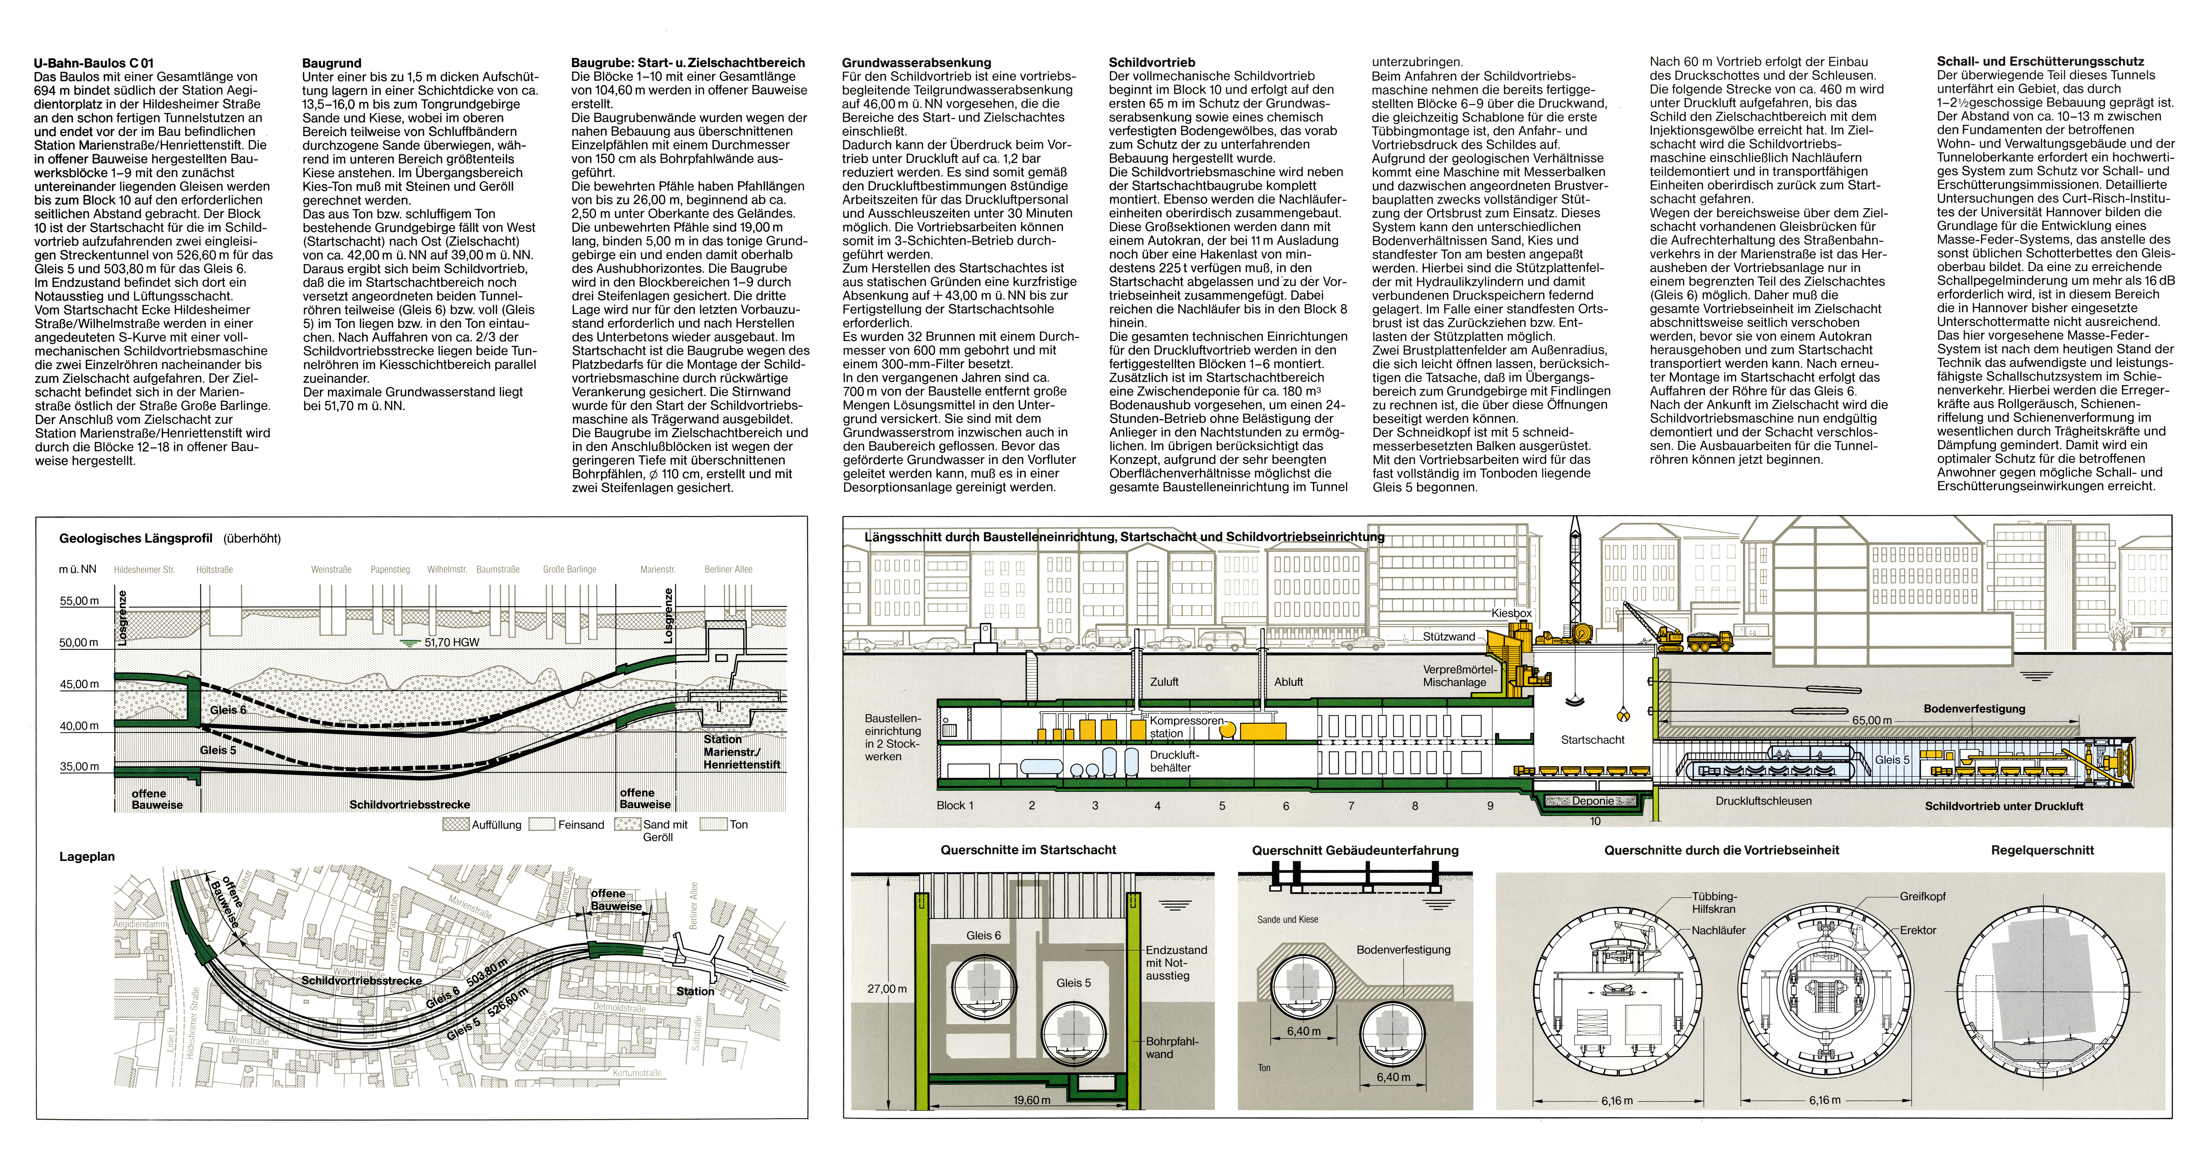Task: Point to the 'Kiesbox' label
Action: click(1511, 614)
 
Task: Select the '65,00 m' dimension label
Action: click(1871, 720)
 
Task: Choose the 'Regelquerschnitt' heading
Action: click(2042, 850)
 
